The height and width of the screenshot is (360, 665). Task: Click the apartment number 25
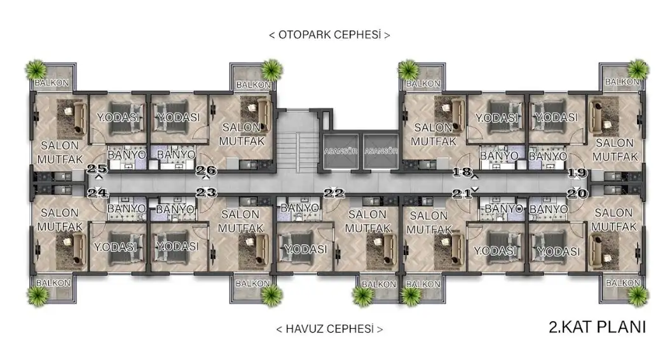[97, 169]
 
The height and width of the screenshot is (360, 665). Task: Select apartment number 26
[206, 170]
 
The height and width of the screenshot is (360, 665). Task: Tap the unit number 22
[334, 193]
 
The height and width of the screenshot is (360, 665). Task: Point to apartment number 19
[577, 173]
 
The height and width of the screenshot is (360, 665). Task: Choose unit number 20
[577, 193]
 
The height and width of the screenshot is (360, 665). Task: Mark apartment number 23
[206, 192]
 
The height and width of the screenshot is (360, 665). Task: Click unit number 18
[462, 172]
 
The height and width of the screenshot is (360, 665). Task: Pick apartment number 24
[97, 193]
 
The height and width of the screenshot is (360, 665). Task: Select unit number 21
[462, 194]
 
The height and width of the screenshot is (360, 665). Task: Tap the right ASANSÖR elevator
[381, 151]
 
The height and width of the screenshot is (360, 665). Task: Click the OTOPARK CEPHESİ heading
[329, 35]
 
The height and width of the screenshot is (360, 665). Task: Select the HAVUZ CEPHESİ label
[329, 329]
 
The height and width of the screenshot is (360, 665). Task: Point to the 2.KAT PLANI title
[597, 328]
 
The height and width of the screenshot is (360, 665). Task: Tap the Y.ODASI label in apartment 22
[305, 249]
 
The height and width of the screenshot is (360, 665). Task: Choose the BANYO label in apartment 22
[300, 208]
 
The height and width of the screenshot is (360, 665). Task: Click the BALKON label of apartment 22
[379, 284]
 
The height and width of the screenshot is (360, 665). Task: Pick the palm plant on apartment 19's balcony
[638, 69]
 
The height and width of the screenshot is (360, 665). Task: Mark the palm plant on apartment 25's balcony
[36, 69]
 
